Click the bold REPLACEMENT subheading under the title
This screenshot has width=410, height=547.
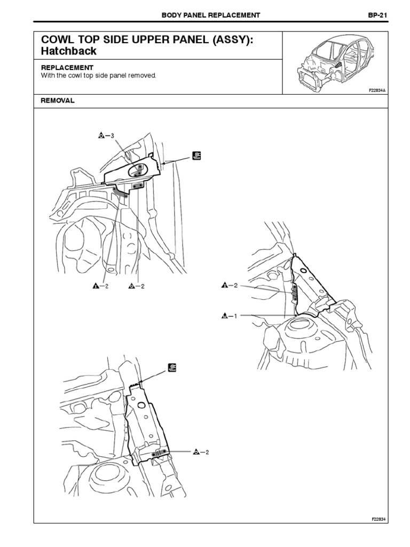click(67, 68)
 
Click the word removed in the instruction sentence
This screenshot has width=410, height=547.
click(143, 76)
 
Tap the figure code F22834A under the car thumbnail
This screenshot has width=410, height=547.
click(376, 91)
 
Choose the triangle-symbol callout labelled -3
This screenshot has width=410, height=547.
click(106, 136)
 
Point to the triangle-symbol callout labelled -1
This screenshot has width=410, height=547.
click(228, 316)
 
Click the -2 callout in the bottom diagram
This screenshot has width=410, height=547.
click(201, 452)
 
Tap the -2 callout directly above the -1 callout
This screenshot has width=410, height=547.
click(228, 286)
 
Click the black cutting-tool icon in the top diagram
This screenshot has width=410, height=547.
click(196, 156)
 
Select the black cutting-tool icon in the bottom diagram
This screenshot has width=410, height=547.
click(172, 367)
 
